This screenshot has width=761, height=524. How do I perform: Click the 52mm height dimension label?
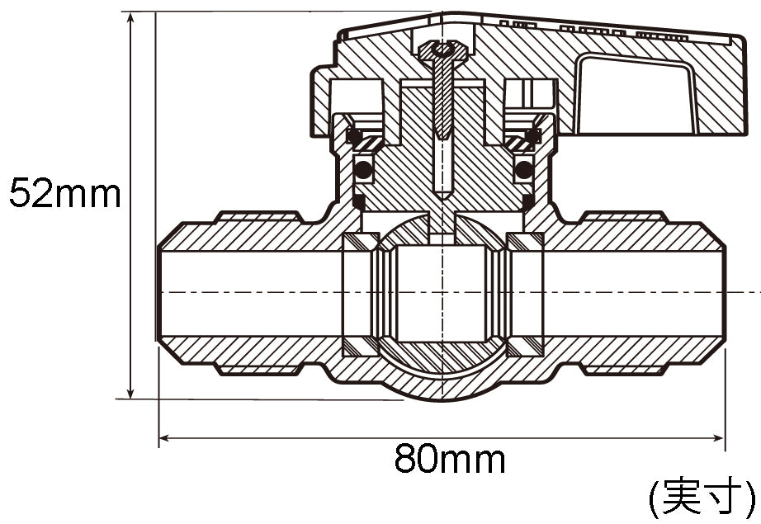click(x=65, y=193)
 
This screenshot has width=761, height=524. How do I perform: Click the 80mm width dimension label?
click(x=450, y=459)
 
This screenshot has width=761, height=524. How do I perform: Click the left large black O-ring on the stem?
click(x=363, y=169)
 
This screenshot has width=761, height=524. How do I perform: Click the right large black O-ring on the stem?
click(x=523, y=169)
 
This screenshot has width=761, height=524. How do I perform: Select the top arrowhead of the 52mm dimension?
click(x=130, y=18)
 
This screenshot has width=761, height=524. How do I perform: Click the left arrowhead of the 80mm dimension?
click(x=165, y=438)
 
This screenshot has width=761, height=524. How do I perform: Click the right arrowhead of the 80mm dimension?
click(x=718, y=438)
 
